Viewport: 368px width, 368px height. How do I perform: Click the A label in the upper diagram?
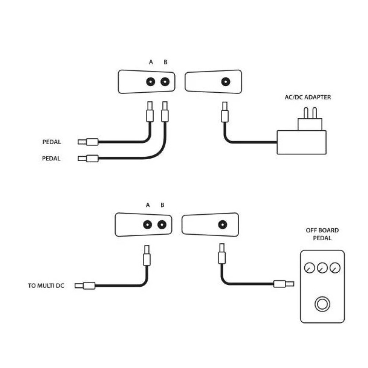click(x=151, y=62)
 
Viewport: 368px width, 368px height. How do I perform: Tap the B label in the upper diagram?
click(x=165, y=62)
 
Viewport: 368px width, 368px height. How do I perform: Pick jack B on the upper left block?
click(x=165, y=82)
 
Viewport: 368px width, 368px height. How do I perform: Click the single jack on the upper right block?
click(x=225, y=82)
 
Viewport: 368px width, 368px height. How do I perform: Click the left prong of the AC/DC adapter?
click(x=305, y=113)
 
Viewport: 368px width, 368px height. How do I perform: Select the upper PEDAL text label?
click(x=52, y=142)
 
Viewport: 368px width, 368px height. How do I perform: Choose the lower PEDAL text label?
click(x=52, y=159)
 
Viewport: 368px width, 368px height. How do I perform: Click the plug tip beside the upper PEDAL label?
click(x=82, y=142)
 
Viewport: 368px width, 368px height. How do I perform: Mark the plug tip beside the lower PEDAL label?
click(x=82, y=159)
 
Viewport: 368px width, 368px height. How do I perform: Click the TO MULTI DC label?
click(x=46, y=285)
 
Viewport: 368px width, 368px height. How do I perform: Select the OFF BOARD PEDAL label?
click(x=322, y=234)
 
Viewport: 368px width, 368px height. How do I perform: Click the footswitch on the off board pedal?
click(x=322, y=304)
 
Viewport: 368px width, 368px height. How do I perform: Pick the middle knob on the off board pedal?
click(x=322, y=268)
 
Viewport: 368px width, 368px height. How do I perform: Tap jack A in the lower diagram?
click(x=148, y=224)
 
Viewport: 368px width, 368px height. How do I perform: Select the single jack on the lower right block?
click(x=222, y=224)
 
